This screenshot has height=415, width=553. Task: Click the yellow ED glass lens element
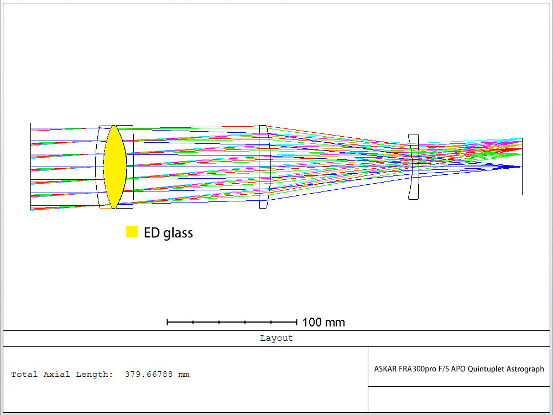point(115,167)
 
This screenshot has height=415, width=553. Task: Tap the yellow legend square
point(132,232)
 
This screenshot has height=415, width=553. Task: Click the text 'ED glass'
point(168,233)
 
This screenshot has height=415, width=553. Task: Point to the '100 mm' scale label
point(324,322)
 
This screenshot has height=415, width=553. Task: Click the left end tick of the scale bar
point(168,321)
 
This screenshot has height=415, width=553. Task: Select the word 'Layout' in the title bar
point(276,338)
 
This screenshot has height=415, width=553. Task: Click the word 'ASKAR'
point(385,369)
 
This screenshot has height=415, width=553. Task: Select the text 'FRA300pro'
point(416,369)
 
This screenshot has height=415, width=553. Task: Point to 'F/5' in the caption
point(442,369)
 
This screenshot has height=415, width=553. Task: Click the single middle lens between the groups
point(264,167)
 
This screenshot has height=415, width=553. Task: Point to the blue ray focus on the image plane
point(517,167)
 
